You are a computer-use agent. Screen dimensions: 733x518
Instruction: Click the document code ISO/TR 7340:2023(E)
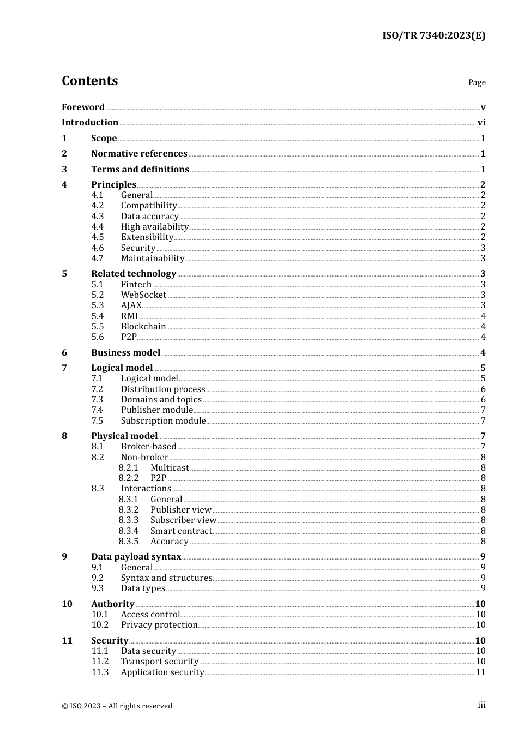pos(433,35)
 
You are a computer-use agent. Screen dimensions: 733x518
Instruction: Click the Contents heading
pos(89,81)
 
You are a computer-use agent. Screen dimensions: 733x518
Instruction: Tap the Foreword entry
pos(83,107)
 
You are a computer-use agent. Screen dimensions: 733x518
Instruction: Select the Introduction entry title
pos(89,122)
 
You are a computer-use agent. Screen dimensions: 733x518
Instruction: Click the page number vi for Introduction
pos(481,122)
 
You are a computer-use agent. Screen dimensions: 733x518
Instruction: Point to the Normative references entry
pos(139,154)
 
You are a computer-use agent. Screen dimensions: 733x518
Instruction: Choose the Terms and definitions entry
pos(140,169)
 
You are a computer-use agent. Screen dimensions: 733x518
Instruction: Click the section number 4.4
pos(98,226)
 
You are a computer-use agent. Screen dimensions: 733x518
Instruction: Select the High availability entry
pos(155,226)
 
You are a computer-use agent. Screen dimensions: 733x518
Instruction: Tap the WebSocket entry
pos(143,295)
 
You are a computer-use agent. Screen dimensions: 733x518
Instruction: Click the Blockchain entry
pos(143,326)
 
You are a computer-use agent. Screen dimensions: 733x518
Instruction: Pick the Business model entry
pos(125,352)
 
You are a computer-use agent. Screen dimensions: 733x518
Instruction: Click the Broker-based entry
pos(148,446)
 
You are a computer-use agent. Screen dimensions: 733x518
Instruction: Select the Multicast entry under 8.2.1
pos(170,467)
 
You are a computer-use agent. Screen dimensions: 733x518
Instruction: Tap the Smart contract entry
pos(181,531)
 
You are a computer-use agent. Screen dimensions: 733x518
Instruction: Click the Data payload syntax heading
pos(136,556)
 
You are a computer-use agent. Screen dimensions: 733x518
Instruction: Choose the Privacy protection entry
pos(159,624)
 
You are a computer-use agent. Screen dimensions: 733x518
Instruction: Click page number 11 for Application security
pos(480,672)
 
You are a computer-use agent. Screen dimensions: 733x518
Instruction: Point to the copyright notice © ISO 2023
pos(117,706)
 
